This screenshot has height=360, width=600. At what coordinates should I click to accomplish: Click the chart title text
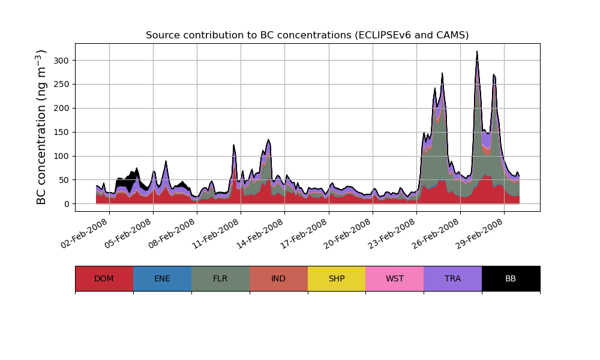point(307,35)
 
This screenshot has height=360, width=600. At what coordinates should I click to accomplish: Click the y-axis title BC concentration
point(41,127)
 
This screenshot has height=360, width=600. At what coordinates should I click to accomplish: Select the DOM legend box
point(104,278)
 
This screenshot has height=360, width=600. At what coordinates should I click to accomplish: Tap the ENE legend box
point(162,278)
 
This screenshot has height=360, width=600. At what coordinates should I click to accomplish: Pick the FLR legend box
point(220,278)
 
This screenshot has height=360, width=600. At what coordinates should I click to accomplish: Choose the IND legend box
point(278,278)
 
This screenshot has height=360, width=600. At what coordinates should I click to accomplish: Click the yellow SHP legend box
point(337,278)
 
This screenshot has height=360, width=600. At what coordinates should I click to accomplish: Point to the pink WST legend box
point(395,278)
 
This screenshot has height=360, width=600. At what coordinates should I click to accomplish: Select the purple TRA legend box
point(453,278)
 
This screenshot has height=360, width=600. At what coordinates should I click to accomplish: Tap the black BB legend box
point(511,278)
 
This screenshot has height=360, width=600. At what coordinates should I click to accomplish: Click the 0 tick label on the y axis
point(67,204)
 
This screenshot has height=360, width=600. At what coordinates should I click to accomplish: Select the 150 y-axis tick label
point(62,132)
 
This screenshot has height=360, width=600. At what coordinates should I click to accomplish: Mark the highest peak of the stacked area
point(477,52)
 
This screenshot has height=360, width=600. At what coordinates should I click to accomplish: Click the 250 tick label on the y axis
point(62,84)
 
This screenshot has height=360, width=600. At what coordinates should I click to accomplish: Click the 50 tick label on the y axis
point(64,180)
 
